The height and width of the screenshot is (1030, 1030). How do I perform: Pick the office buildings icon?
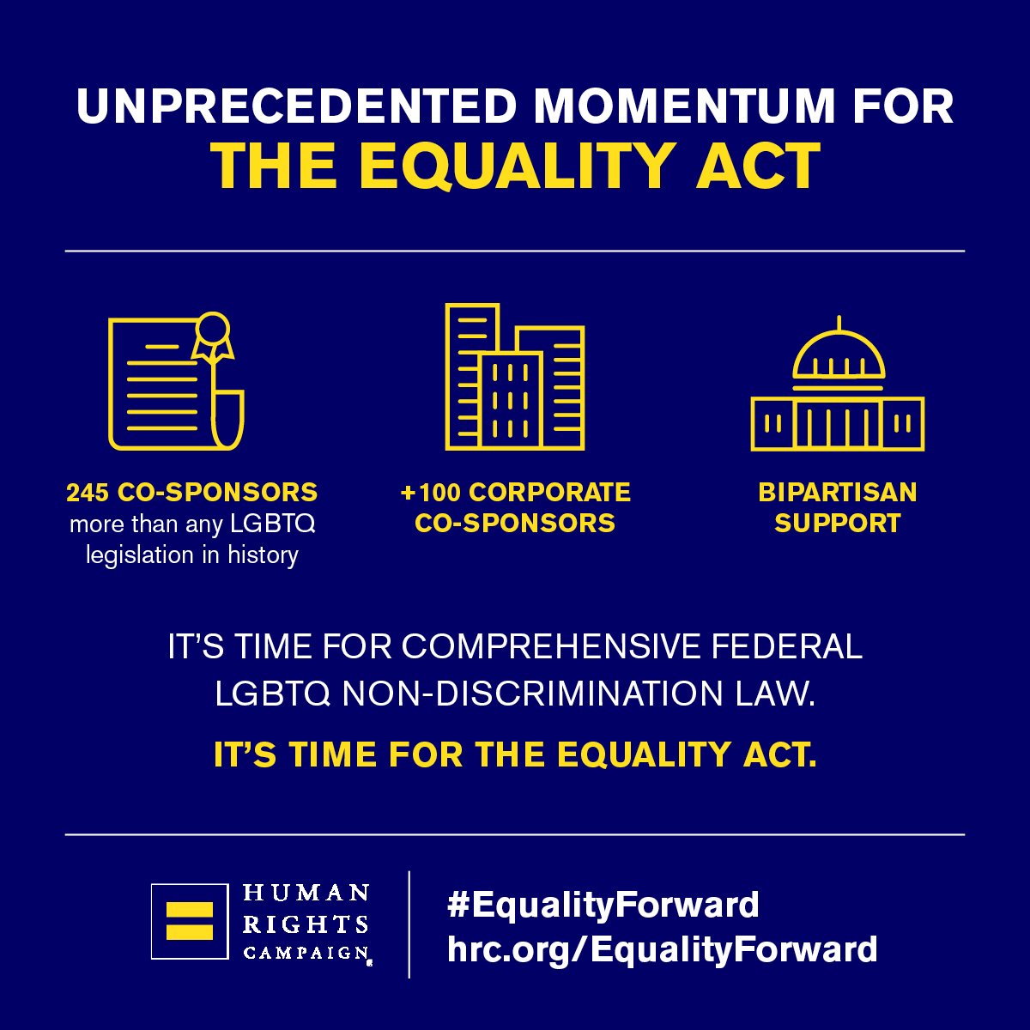[515, 378]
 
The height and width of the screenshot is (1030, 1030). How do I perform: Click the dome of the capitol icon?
[839, 356]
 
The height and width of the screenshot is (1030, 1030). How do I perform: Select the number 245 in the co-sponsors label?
[88, 493]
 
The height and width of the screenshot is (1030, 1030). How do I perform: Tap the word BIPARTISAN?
[837, 493]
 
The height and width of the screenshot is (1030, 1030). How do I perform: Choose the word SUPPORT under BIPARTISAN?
[837, 523]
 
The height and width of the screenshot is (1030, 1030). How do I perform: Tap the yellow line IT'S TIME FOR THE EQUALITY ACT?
[515, 754]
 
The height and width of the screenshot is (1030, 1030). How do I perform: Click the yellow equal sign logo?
[190, 921]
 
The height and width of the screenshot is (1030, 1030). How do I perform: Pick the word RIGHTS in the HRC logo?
[306, 924]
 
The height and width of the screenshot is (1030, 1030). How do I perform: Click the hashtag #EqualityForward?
[603, 905]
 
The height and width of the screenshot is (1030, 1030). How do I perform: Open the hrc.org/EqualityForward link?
[662, 949]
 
